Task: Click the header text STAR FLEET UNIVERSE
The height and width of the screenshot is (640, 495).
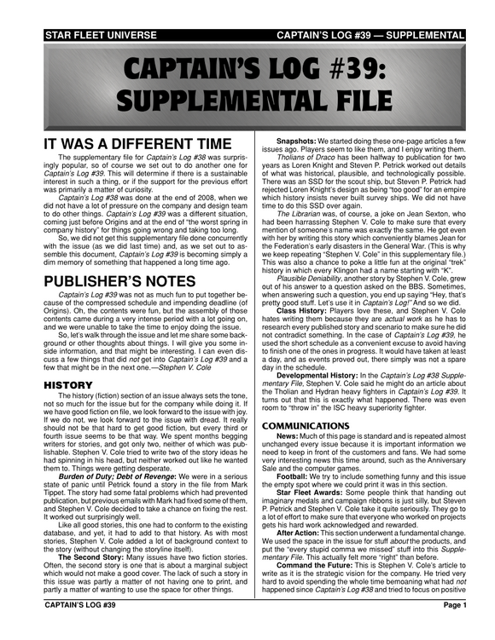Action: coord(80,35)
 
